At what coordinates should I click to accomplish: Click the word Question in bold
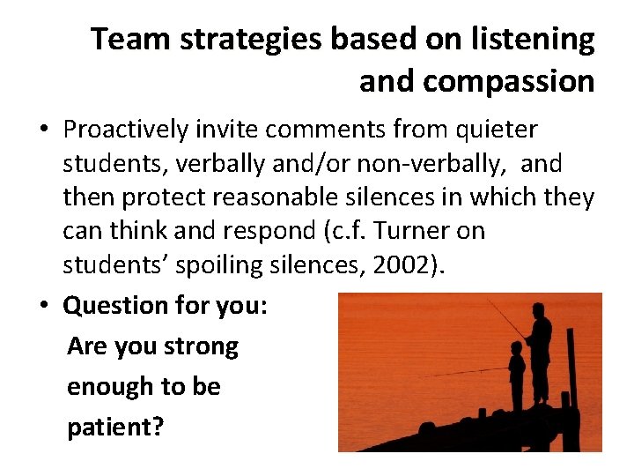(109, 306)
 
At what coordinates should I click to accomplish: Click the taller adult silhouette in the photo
(539, 353)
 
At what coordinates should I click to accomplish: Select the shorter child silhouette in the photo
(517, 375)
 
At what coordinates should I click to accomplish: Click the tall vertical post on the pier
(571, 370)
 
